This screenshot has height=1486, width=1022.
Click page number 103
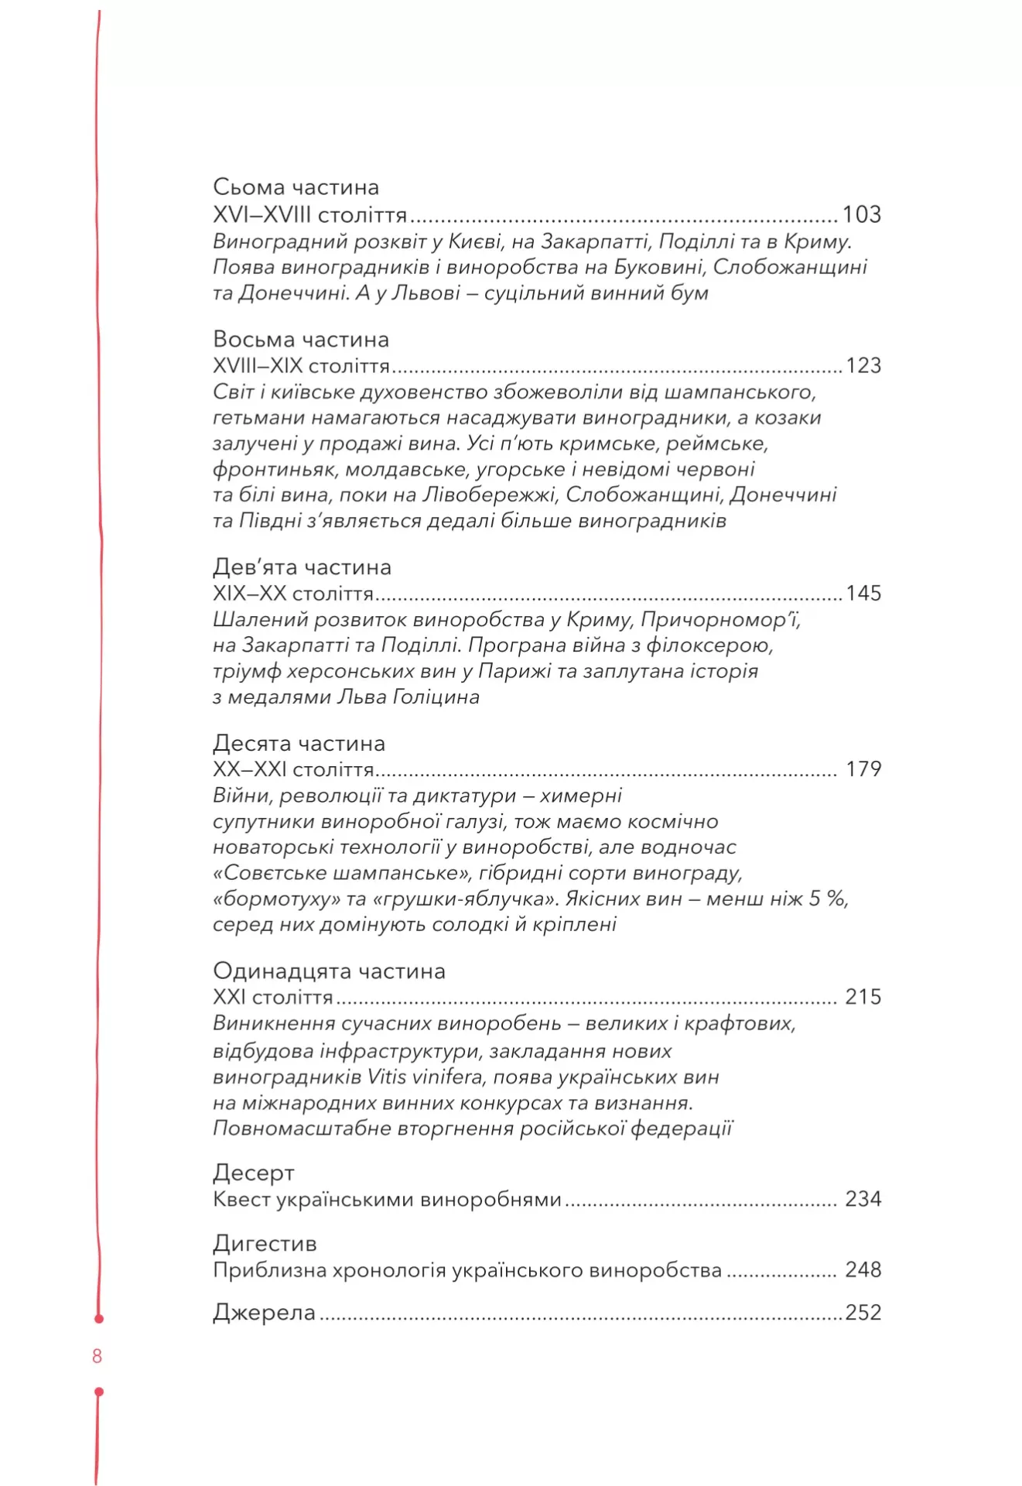point(861,214)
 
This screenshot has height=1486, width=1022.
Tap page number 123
point(863,365)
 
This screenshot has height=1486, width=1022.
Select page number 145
point(863,594)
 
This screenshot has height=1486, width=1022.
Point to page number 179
point(863,769)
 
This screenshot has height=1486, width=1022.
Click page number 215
point(863,997)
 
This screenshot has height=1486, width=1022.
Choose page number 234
point(863,1200)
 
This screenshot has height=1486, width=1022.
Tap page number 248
point(863,1270)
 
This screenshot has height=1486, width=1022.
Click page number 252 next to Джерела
point(863,1313)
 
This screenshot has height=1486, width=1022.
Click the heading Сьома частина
point(296,187)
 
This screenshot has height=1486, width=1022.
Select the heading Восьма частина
point(300,340)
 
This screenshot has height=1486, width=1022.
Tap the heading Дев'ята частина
point(302,567)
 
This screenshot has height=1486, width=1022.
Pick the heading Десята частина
point(299,744)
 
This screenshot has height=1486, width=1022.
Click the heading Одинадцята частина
point(329,971)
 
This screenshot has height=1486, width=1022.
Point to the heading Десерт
point(253,1173)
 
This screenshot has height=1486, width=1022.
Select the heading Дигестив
point(265,1244)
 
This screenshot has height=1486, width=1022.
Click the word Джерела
point(264,1313)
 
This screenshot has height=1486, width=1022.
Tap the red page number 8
point(97,1356)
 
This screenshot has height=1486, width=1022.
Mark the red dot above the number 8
point(98,1318)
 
